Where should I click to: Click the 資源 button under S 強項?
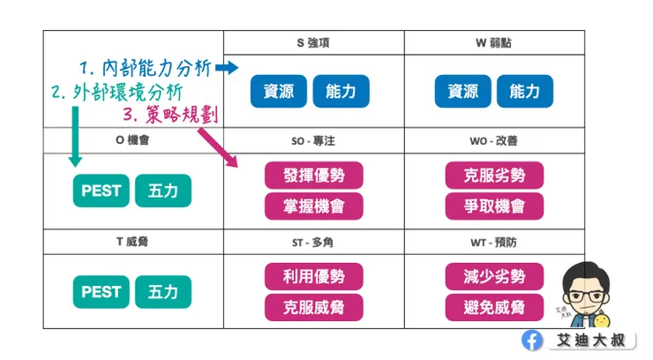pos(278,91)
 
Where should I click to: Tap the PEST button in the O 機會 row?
pos(101,191)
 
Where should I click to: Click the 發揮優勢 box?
pos(313,175)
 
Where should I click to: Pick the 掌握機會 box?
pos(313,206)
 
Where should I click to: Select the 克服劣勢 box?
pos(494,175)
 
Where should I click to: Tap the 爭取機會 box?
pos(494,206)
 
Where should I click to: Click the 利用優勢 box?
pos(313,277)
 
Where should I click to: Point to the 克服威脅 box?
pos(313,307)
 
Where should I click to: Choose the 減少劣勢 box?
pos(494,277)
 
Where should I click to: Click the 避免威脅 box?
pos(494,307)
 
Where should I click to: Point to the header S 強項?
pos(313,42)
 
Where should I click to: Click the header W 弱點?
pos(493,42)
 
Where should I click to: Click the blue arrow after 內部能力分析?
pos(227,68)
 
